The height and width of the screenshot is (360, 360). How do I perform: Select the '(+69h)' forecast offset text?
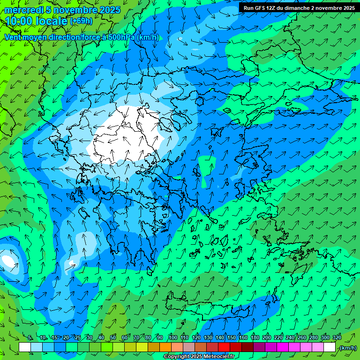click(x=81, y=21)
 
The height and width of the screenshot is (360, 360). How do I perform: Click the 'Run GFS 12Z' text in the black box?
click(x=260, y=8)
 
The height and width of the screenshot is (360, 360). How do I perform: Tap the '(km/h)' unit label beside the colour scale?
click(x=348, y=348)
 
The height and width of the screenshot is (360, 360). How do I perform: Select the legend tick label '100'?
click(x=173, y=338)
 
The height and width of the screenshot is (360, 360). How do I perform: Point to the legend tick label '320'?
click(x=337, y=338)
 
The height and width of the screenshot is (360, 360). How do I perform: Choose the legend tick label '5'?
click(x=30, y=338)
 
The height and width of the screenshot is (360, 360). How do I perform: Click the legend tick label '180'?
click(x=255, y=338)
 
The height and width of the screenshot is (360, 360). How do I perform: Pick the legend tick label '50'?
click(x=113, y=338)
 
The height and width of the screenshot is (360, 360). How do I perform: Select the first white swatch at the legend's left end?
click(x=25, y=347)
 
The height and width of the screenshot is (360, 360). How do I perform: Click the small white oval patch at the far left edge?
click(x=8, y=261)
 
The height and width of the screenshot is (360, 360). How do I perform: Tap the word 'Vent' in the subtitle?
click(x=13, y=37)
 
